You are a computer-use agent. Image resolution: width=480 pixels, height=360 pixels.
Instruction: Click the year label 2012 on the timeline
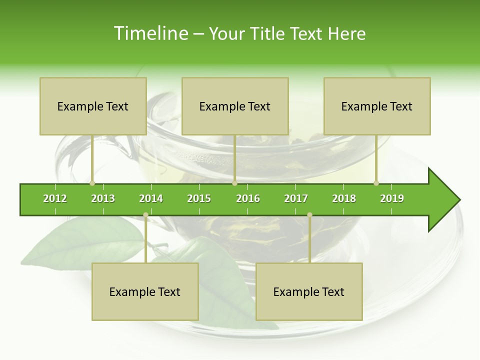coord(55,198)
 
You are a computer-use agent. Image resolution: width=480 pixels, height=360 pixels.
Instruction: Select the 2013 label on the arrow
coord(103,198)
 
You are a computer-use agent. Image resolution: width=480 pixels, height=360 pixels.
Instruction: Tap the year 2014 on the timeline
coord(151,198)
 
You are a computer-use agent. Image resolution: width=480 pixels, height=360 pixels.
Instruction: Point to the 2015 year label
coord(199,198)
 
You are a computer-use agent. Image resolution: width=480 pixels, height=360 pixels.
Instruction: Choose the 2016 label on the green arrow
coord(248,198)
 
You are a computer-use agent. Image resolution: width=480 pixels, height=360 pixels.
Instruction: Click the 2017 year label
coord(296,198)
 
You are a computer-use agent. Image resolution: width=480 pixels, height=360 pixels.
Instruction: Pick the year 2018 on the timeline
coord(344,198)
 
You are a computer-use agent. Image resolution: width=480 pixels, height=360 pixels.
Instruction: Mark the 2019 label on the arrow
coord(392,198)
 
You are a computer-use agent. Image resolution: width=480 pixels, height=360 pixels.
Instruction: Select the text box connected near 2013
coord(93,106)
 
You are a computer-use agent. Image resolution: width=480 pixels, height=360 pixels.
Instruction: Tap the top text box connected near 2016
coord(235,106)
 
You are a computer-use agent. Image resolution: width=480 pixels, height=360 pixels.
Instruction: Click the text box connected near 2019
coord(377,106)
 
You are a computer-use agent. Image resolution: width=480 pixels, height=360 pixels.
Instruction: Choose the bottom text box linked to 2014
coord(145,291)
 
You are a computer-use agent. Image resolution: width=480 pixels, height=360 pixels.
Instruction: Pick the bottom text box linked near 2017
coord(309,291)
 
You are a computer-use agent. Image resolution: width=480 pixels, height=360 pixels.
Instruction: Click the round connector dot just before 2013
coord(92,183)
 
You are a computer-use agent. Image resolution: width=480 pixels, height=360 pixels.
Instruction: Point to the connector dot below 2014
coord(145,215)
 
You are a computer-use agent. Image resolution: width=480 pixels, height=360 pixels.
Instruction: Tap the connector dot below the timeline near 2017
coord(309,215)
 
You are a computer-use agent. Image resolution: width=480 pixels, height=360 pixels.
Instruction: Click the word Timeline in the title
coord(150,33)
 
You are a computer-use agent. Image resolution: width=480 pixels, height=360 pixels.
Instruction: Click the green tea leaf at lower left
coord(80,245)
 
